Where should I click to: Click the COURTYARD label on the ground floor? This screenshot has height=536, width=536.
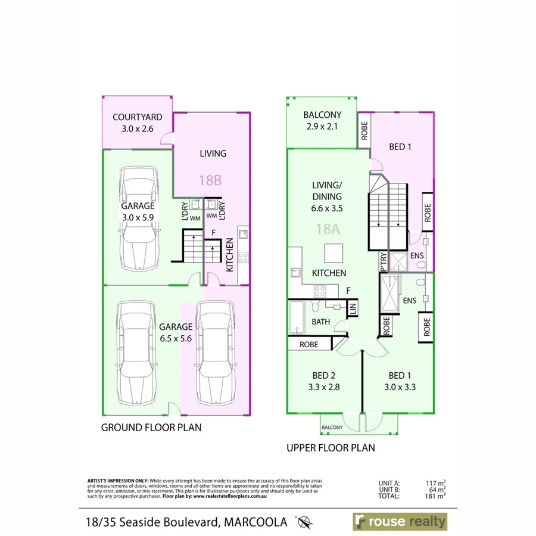[x=138, y=117]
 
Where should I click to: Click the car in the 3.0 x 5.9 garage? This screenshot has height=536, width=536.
[x=139, y=219]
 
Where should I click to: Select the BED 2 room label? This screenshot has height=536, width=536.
[x=325, y=376]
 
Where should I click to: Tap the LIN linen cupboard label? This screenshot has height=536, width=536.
[x=353, y=308]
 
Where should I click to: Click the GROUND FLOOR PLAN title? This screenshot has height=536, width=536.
[x=151, y=427]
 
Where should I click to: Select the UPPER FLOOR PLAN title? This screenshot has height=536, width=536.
[x=331, y=447]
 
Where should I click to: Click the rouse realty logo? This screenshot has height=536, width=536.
[x=399, y=522]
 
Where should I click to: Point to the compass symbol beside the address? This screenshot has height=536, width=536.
[x=305, y=523]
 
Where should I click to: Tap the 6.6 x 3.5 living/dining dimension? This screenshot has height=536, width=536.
[x=326, y=208]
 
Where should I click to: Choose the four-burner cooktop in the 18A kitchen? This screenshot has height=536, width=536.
[x=320, y=291]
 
